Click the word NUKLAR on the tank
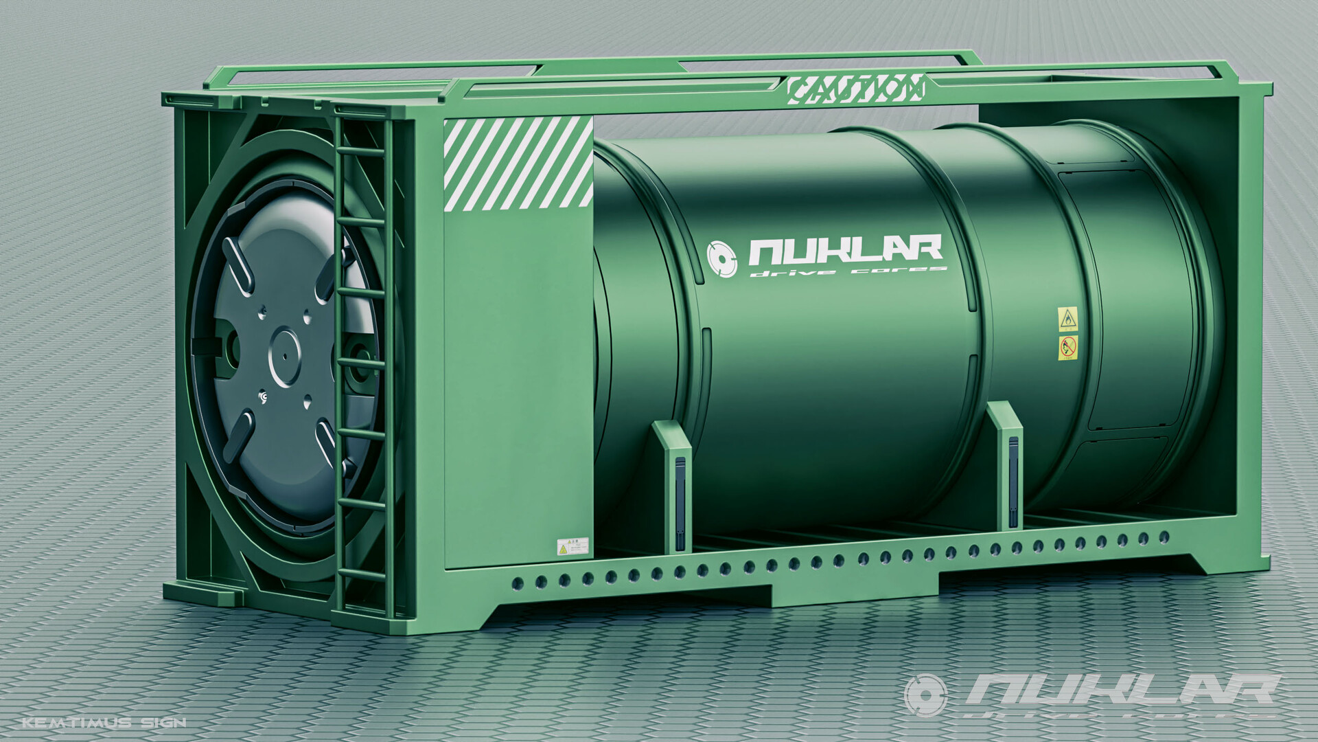tap(845, 251)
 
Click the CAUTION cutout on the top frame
tap(855, 88)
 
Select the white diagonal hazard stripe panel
tap(518, 162)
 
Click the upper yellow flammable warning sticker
tap(1068, 319)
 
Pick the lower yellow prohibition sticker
tap(1068, 348)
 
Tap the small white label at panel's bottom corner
tap(573, 546)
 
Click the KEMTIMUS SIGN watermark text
tap(104, 722)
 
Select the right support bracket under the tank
tap(1005, 464)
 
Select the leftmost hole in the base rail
tap(518, 584)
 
